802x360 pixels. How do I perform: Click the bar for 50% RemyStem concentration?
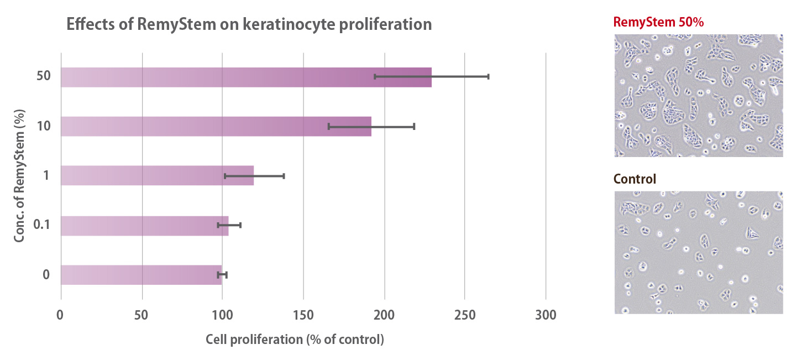(x=246, y=77)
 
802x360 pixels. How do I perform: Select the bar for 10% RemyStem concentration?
(x=216, y=127)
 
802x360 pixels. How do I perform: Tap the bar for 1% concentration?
(x=157, y=176)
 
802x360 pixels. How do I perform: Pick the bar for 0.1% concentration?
(x=144, y=226)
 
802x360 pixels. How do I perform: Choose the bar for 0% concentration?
(x=141, y=275)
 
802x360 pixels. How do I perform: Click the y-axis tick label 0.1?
(x=43, y=225)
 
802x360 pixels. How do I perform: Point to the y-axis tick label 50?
(x=44, y=76)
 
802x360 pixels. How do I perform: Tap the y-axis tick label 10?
(x=44, y=126)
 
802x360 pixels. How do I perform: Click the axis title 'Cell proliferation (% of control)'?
(x=295, y=340)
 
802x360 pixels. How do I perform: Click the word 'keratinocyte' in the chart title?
(x=290, y=25)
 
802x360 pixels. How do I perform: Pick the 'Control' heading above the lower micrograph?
(x=635, y=179)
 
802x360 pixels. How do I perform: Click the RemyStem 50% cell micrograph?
(x=699, y=95)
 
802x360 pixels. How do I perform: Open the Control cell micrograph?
(x=699, y=252)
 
